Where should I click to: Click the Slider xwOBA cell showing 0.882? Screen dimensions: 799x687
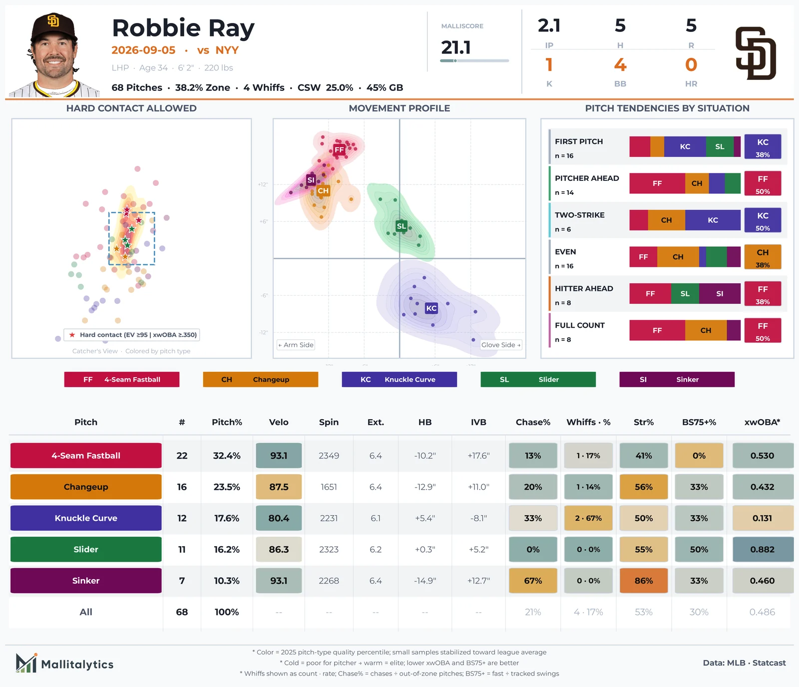point(763,549)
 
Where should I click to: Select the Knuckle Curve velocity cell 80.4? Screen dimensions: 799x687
point(279,518)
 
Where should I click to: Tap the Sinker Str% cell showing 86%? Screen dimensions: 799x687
point(644,581)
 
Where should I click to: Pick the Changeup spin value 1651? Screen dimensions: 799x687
point(329,487)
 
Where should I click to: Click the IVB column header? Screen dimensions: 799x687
point(478,422)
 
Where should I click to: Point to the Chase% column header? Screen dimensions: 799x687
point(533,422)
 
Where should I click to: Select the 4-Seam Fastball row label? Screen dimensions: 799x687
point(86,456)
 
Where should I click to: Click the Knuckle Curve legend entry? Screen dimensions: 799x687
point(399,379)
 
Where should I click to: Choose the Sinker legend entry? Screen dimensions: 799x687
point(677,379)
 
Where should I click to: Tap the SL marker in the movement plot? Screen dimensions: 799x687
point(401,226)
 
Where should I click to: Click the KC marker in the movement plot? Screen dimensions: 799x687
point(431,308)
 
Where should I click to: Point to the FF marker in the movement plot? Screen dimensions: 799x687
point(339,149)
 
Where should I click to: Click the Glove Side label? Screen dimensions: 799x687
point(501,345)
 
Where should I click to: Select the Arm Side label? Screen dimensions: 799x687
point(296,345)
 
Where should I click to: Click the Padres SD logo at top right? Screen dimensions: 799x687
point(756,53)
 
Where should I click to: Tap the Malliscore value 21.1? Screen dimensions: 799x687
point(456,47)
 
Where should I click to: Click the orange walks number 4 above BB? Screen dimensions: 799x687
point(620,64)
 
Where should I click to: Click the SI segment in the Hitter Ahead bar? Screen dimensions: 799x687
point(720,294)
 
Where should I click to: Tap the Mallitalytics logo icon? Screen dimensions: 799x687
point(26,663)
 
